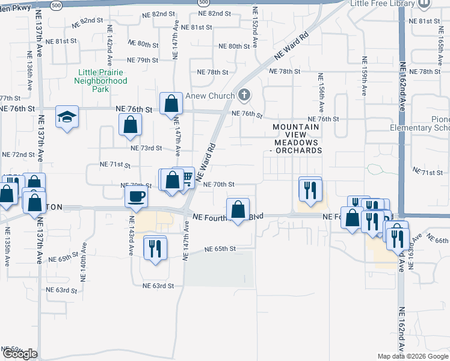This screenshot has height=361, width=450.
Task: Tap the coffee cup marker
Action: [x=136, y=197]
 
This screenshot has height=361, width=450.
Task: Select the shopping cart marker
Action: [x=186, y=177]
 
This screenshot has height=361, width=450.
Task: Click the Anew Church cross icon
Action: [x=244, y=94]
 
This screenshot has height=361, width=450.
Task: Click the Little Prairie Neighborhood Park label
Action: [x=102, y=81]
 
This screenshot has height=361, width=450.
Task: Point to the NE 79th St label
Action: [x=143, y=60]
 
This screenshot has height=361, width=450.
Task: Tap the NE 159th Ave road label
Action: [x=364, y=76]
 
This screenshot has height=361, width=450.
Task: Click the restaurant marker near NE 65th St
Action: [x=155, y=247]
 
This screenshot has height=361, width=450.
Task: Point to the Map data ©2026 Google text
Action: [x=412, y=356]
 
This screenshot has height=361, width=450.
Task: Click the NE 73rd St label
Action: [x=146, y=148]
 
